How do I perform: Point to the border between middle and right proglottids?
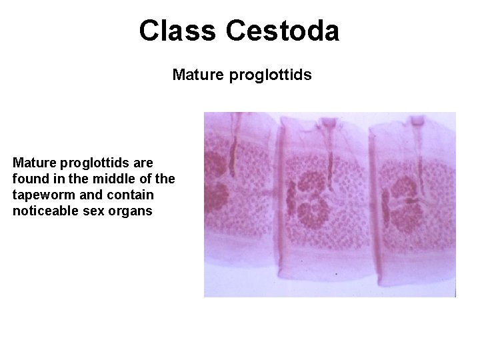click(x=372, y=200)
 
